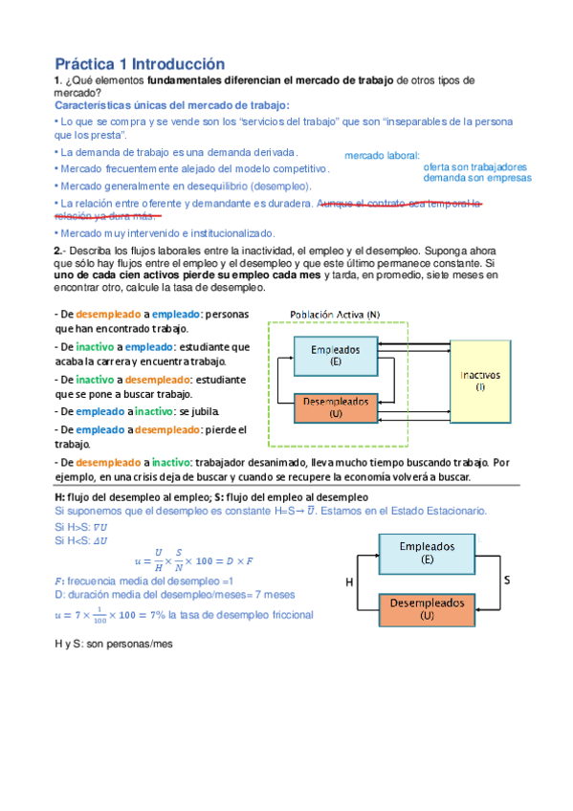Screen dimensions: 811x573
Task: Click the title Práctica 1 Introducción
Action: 140,63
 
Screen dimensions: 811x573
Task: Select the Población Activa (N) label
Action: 334,314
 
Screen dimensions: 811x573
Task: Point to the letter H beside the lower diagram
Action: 349,581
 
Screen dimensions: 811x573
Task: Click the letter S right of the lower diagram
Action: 506,581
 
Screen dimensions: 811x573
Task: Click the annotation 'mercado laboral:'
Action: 381,155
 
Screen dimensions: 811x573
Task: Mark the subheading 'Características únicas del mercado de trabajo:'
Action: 171,105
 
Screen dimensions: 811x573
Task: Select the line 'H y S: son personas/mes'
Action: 113,644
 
